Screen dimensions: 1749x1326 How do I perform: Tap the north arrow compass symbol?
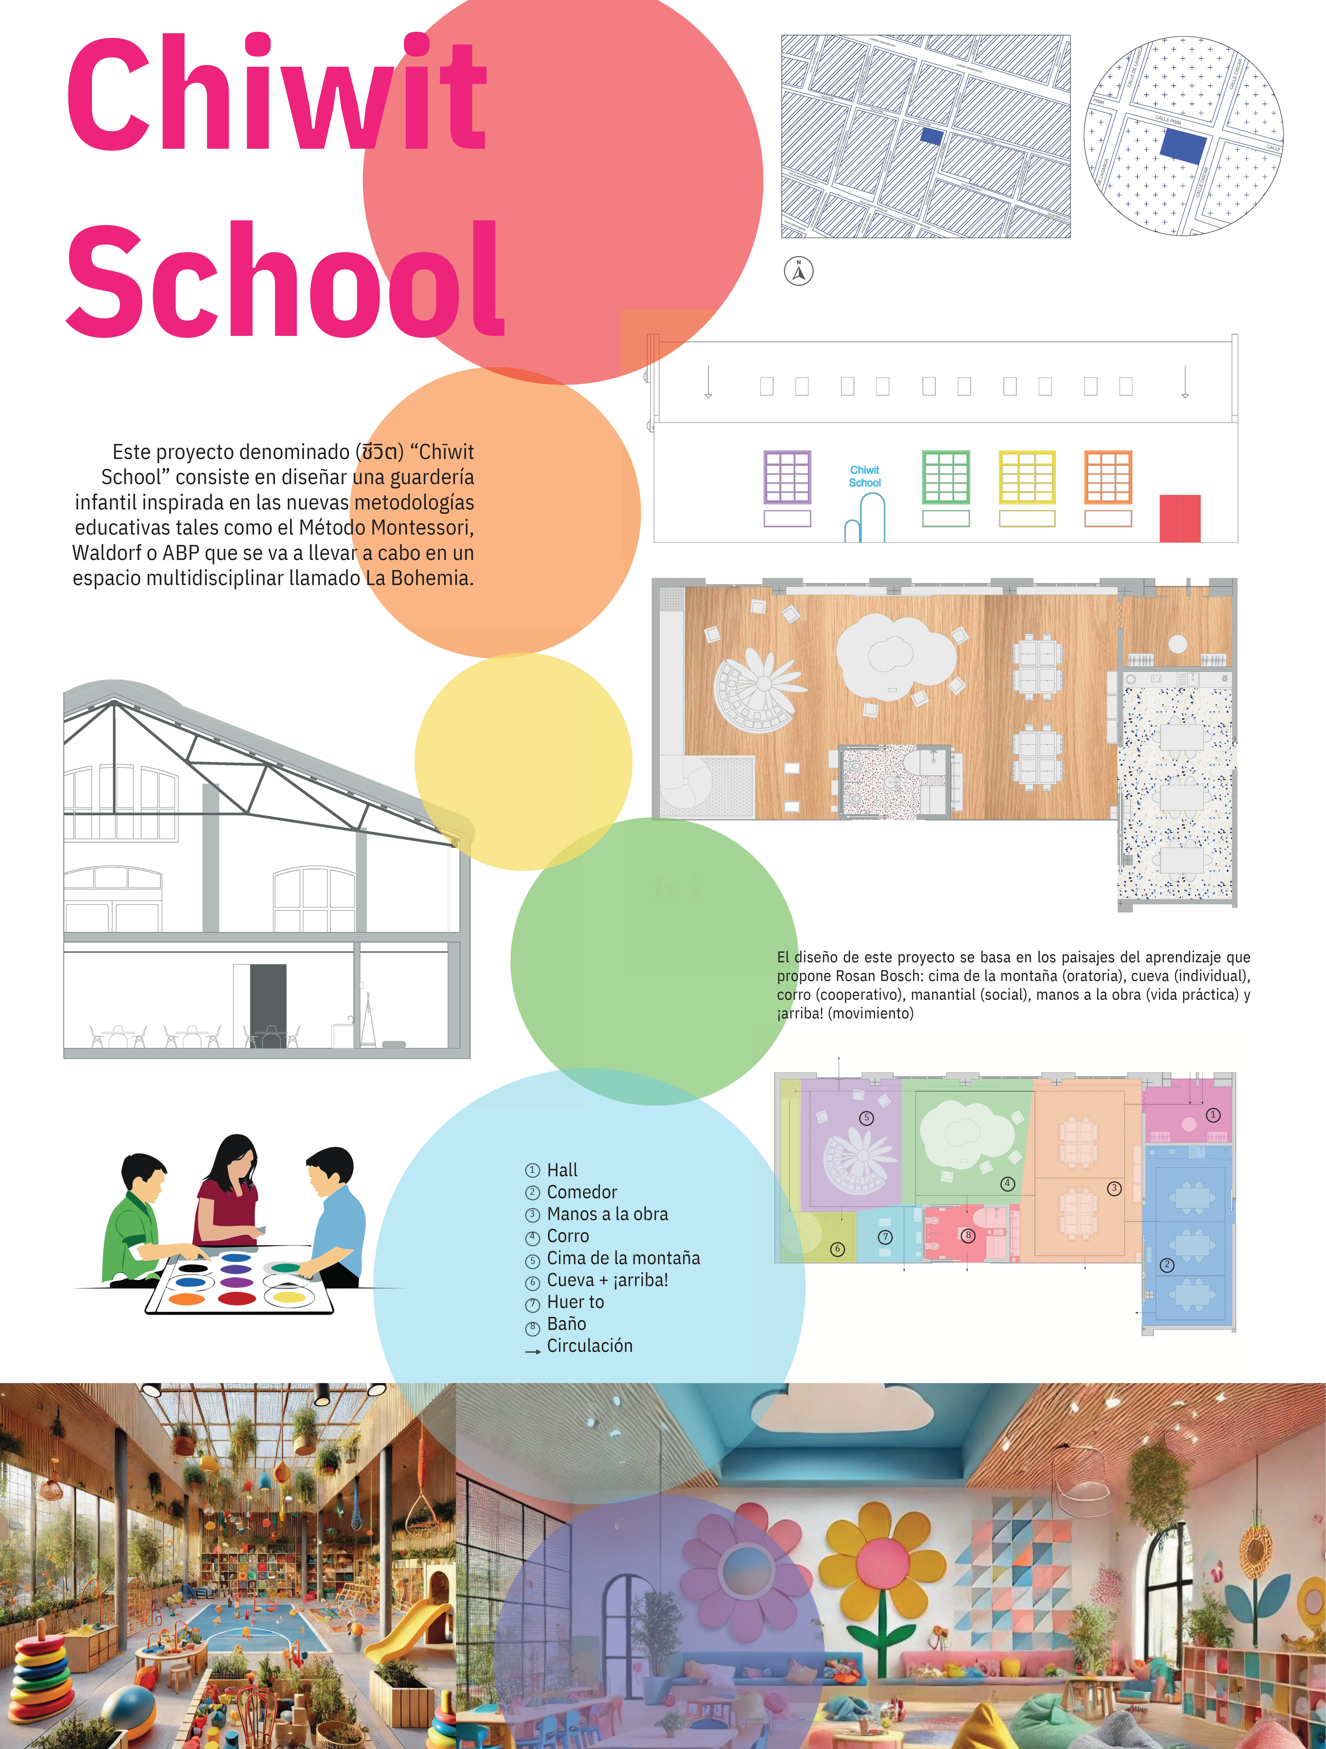coord(799,271)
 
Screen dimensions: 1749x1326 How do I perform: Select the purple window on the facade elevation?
coord(787,477)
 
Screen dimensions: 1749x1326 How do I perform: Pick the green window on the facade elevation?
coord(946,477)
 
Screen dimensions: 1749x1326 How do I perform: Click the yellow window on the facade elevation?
coord(1026,477)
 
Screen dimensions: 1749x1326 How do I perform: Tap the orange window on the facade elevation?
coord(1108,477)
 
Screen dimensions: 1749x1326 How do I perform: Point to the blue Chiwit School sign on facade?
coord(864,476)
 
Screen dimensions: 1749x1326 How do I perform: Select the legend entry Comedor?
coord(581,1192)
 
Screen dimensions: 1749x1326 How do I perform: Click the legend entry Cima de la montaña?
coord(623,1257)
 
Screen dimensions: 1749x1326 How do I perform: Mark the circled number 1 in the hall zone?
coord(1213,1115)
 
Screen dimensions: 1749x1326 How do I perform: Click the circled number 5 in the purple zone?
coord(867,1118)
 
